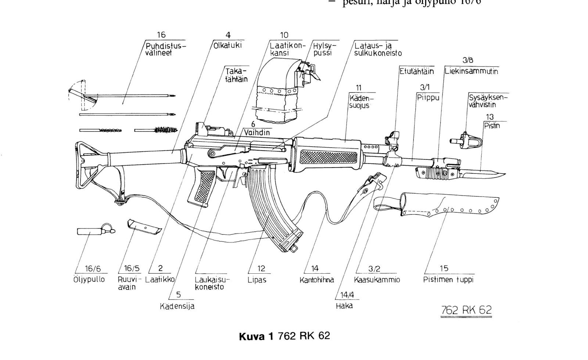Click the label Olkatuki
point(228,46)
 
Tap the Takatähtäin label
point(236,75)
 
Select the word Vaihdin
point(257,133)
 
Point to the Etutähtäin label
point(417,71)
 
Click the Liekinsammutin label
point(471,71)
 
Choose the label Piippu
point(428,98)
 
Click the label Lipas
point(257,280)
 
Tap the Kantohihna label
point(317,280)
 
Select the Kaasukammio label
point(377,280)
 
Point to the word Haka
point(344,306)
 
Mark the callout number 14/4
point(346,295)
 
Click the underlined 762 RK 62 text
point(466,310)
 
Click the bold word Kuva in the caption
point(252,336)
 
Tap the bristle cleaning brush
point(166,130)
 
